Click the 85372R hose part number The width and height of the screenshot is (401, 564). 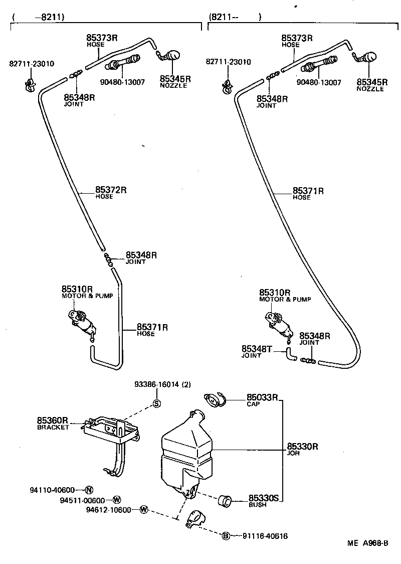(x=111, y=190)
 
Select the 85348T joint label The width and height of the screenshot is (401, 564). (x=256, y=349)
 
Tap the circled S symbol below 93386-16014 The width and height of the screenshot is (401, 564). (x=156, y=403)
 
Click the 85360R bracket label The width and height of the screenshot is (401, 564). (x=52, y=420)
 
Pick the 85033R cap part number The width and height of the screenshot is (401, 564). (x=262, y=397)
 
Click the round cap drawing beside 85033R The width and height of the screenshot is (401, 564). (x=215, y=399)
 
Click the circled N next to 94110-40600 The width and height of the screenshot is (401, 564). (x=88, y=490)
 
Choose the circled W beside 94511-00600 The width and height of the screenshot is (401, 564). (x=116, y=500)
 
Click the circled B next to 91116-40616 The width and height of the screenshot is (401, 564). (x=226, y=536)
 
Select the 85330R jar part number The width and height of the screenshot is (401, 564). (x=303, y=446)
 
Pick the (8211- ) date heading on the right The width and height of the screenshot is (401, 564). (x=235, y=17)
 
